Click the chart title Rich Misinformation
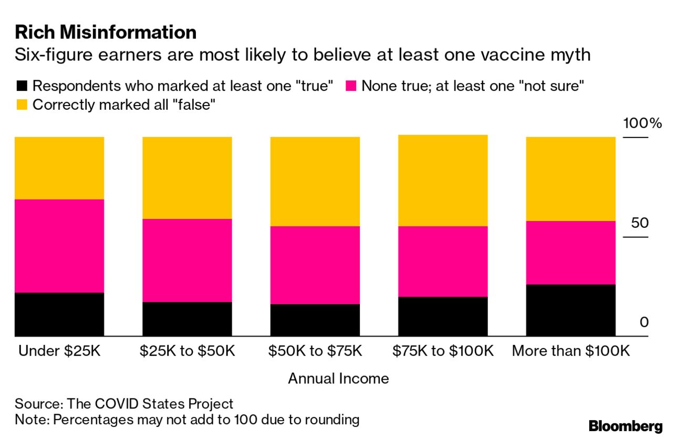coord(106,33)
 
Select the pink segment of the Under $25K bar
coord(59,246)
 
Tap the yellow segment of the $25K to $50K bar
coord(187,177)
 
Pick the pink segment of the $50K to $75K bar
coord(315,265)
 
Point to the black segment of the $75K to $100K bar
coord(443,316)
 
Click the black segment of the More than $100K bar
coord(570,310)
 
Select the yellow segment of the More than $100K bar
coord(570,179)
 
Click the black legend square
coord(22,86)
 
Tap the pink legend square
coord(351,86)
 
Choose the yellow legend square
coord(22,104)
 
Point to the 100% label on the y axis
coord(642,124)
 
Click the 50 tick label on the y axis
coord(640,223)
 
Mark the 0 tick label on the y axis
coord(644,322)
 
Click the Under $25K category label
coord(59,351)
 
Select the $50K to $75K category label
coord(315,351)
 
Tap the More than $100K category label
coord(570,351)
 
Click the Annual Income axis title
coord(338,379)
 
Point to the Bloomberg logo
coord(625,426)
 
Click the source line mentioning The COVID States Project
coord(124,404)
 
